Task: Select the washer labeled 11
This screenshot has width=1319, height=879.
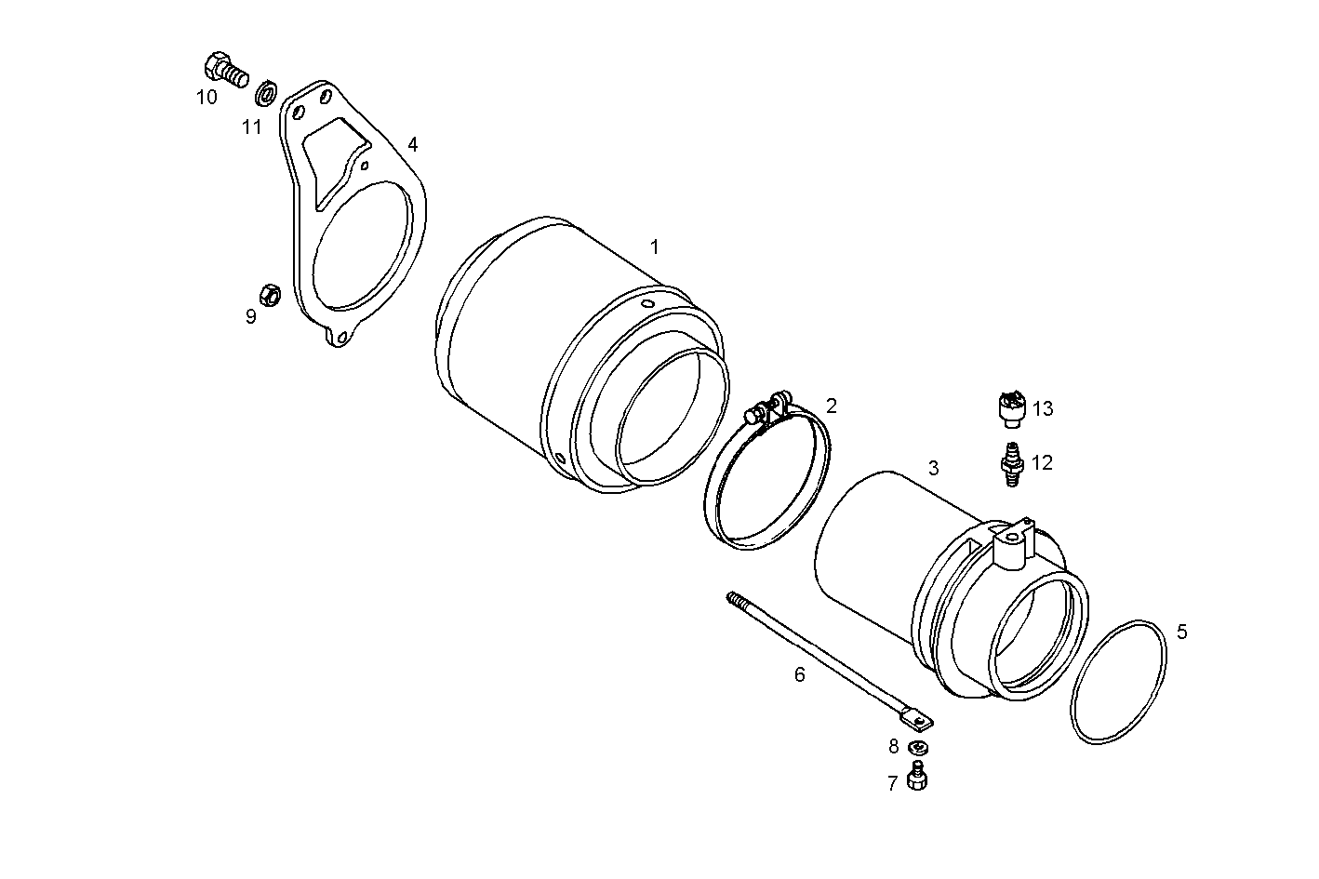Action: [x=266, y=94]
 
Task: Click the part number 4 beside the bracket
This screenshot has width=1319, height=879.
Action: [x=412, y=144]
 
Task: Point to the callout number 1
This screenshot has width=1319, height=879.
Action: [x=655, y=246]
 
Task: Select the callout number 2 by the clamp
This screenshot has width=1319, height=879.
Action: [x=831, y=406]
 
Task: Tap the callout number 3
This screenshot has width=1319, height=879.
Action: [x=934, y=468]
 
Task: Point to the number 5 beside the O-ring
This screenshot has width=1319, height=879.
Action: [x=1181, y=633]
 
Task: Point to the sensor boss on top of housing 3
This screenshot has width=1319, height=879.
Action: [x=1011, y=543]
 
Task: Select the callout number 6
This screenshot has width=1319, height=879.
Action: [x=800, y=674]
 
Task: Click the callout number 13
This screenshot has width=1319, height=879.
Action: [x=1043, y=408]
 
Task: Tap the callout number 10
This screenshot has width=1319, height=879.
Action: [x=207, y=96]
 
